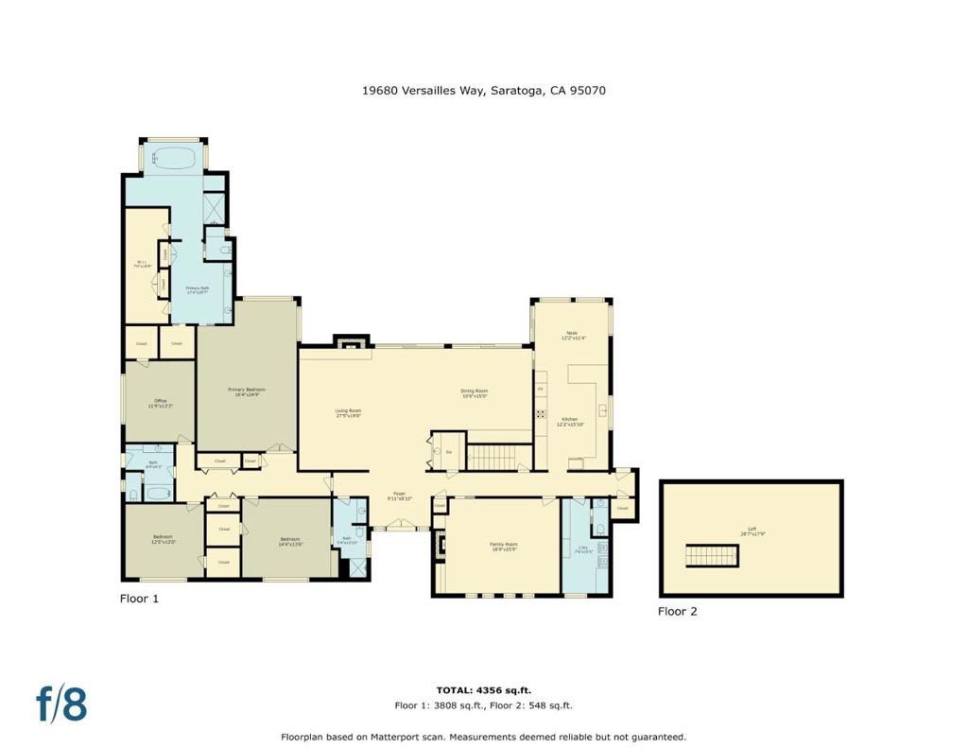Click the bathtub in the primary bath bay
171,157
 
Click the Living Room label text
348,411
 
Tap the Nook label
571,334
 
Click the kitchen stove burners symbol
541,412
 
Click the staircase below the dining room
492,457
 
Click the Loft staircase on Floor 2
710,556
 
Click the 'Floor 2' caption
677,612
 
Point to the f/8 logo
61,704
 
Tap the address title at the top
483,91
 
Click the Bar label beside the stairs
449,453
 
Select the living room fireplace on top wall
350,342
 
